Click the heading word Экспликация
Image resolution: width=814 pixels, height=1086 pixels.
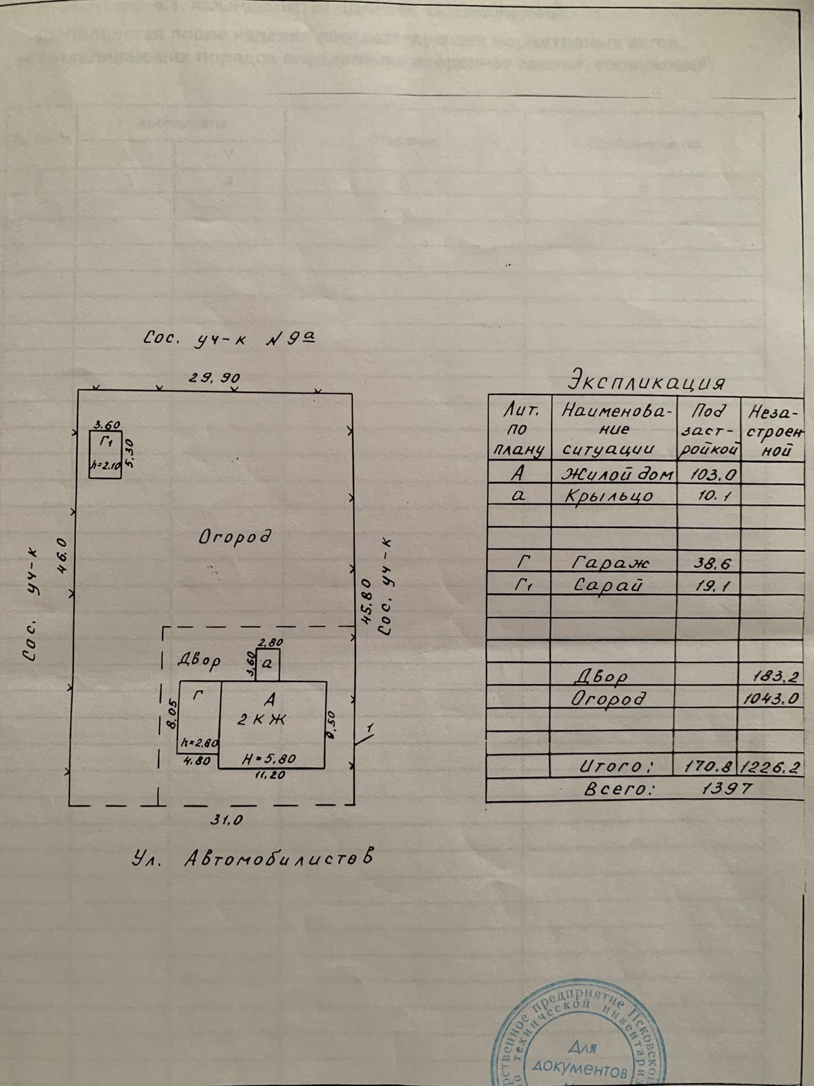648,379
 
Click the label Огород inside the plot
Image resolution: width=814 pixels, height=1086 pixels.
235,537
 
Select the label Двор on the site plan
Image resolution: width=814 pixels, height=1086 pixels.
199,662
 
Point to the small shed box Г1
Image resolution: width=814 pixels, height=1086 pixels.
106,454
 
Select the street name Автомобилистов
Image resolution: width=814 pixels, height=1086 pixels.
278,859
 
